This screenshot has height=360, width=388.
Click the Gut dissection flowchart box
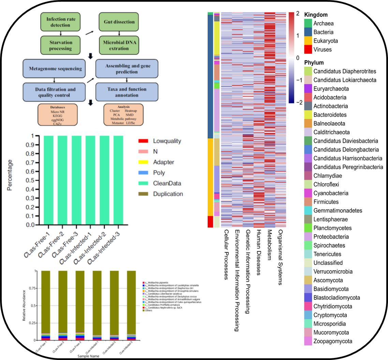119,22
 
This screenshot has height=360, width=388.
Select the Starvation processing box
60,45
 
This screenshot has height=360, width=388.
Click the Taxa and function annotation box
126,92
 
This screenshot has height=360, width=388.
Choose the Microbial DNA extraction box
119,45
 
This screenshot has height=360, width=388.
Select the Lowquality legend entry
167,141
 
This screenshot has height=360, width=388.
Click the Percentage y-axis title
10,175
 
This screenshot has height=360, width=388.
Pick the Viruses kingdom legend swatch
308,50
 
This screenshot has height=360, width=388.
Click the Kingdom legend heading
316,15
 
